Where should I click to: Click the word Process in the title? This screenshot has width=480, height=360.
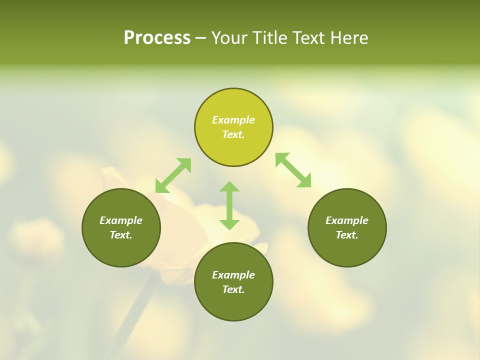pos(157,38)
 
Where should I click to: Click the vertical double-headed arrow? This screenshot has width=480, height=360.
pos(229,205)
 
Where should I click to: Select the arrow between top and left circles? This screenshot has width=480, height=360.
pos(173,175)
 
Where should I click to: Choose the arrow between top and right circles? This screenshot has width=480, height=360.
pos(293,170)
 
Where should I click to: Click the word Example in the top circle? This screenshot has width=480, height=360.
pos(233,120)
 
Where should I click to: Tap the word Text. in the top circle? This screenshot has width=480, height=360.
pos(233,134)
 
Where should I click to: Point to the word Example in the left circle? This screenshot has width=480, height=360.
pos(121,220)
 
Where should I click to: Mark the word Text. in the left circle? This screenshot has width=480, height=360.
pos(121,235)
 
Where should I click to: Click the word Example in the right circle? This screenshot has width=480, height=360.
pos(347,220)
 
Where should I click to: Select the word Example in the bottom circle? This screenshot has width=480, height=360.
pos(233,275)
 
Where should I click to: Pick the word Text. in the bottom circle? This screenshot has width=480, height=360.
pos(233,289)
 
